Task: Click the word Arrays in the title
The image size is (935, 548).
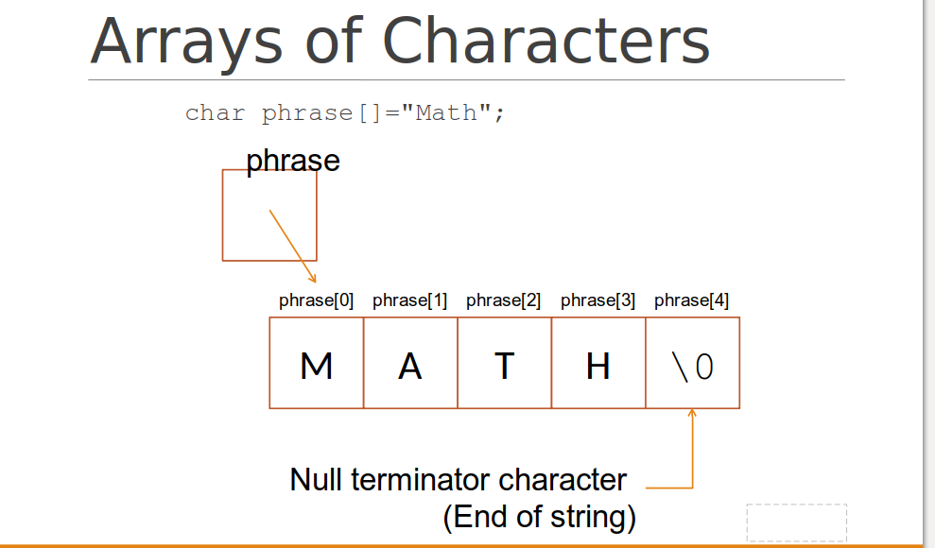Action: [x=186, y=43]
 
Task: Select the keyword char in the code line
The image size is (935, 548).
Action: [x=216, y=112]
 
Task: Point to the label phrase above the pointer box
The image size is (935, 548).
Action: [x=293, y=161]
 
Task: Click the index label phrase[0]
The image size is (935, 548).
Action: [x=316, y=300]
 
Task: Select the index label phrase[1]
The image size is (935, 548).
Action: [x=409, y=300]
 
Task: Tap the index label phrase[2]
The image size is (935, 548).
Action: [x=503, y=300]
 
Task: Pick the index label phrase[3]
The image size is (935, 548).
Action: [x=597, y=300]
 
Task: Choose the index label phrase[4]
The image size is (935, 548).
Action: [x=691, y=300]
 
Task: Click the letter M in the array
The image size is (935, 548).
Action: [x=316, y=366]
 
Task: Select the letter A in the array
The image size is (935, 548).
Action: [x=409, y=366]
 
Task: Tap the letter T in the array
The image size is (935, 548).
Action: [x=504, y=366]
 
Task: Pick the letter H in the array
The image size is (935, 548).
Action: [x=598, y=366]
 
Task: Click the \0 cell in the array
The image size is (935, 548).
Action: [x=692, y=363]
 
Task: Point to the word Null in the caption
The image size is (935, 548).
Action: [x=316, y=480]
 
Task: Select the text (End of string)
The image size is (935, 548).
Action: [x=540, y=517]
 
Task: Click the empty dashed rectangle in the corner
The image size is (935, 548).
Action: [x=797, y=522]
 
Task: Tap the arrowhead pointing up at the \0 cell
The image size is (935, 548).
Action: [x=692, y=412]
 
